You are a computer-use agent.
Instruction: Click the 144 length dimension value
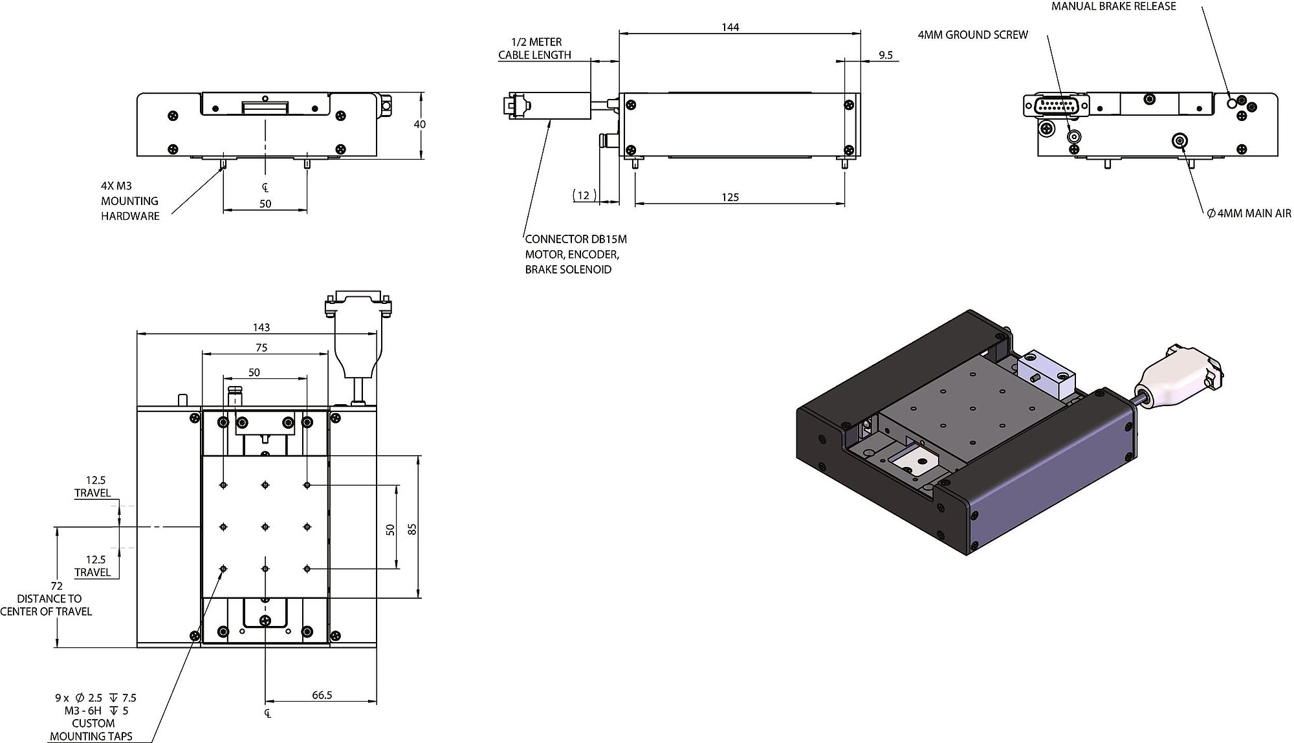click(x=730, y=27)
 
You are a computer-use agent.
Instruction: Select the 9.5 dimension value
click(x=885, y=56)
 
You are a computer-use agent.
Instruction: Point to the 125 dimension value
click(x=730, y=197)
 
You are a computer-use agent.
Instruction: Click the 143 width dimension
click(x=261, y=328)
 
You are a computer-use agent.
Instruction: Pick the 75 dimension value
click(x=261, y=348)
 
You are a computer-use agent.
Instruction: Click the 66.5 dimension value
click(x=322, y=695)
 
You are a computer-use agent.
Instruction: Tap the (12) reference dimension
click(x=584, y=195)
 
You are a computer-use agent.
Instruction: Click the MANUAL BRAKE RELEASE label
click(x=1113, y=6)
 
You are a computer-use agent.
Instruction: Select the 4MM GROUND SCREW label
click(x=972, y=35)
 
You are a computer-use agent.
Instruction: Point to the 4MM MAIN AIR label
click(x=1249, y=213)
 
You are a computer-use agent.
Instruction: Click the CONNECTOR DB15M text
click(x=576, y=239)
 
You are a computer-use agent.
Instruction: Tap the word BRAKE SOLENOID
click(x=568, y=270)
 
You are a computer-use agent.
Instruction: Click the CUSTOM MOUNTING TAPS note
click(x=91, y=729)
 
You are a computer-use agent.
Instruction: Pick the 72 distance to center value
click(x=56, y=586)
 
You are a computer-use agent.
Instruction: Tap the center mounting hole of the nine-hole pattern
click(x=265, y=527)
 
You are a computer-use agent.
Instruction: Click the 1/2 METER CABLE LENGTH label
click(x=534, y=48)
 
